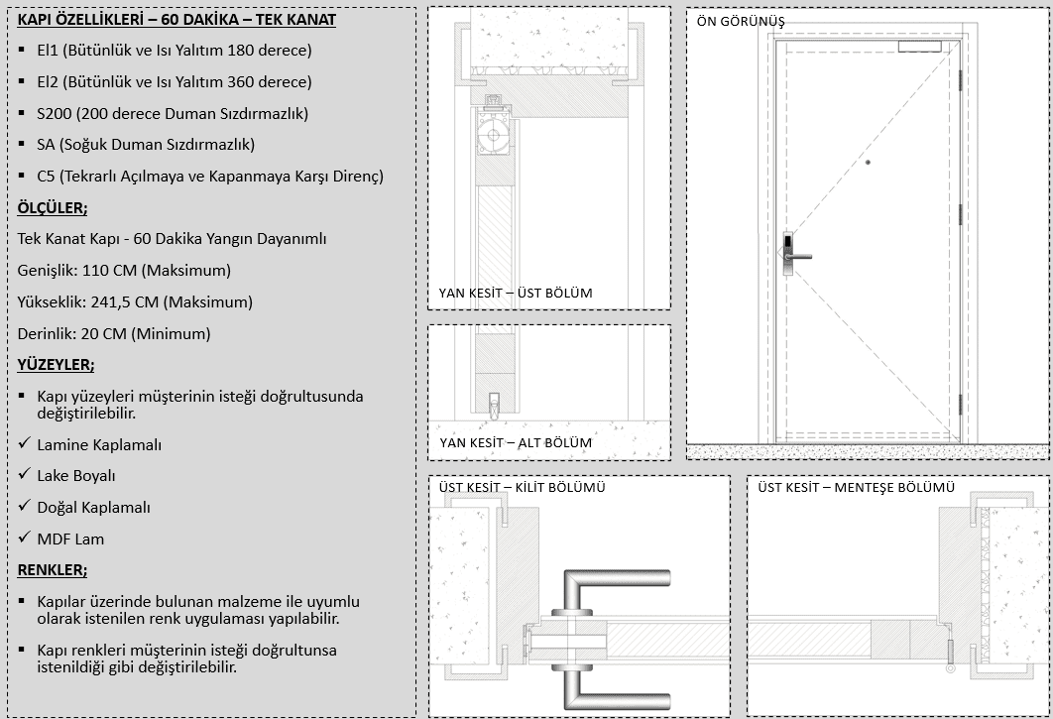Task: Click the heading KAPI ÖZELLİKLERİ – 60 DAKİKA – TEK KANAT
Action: [x=176, y=20]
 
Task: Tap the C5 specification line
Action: [x=209, y=177]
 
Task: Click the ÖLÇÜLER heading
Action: [x=53, y=207]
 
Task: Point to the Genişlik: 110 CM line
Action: [x=124, y=270]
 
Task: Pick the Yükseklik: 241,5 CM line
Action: [x=135, y=301]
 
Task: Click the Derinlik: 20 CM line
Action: [x=114, y=333]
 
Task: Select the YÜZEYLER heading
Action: [x=56, y=365]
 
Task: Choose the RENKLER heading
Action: [x=52, y=570]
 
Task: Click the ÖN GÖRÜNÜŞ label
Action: [x=739, y=22]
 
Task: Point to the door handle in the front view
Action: [x=796, y=256]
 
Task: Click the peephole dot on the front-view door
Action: [x=867, y=163]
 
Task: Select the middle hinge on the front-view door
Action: [x=960, y=212]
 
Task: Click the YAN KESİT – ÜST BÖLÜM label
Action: [x=516, y=293]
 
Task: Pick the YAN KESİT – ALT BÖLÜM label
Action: [x=515, y=442]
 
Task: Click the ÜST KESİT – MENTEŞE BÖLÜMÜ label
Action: [x=856, y=488]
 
